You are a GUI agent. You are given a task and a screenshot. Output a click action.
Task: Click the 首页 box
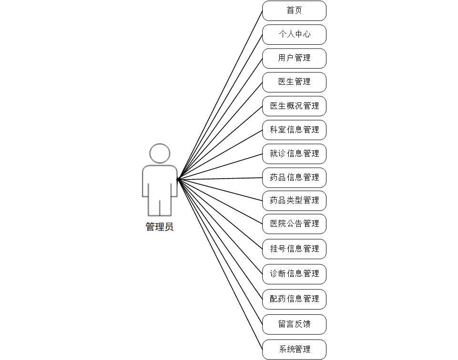(x=294, y=10)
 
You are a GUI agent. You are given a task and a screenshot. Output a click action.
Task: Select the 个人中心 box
(x=294, y=34)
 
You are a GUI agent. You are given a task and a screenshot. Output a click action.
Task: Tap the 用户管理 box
(x=294, y=58)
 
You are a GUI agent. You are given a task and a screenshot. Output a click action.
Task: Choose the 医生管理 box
(x=294, y=82)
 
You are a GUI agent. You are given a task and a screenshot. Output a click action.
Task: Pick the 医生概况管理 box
(x=294, y=106)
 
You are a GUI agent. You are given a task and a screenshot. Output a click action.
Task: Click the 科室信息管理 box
(x=294, y=130)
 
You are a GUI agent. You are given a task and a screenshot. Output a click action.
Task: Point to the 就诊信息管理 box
(x=294, y=153)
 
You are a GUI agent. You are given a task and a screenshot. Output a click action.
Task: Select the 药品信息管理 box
(x=294, y=177)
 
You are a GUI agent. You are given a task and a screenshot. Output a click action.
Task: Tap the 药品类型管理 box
(x=294, y=200)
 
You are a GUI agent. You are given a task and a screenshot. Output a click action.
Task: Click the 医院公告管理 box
(x=294, y=223)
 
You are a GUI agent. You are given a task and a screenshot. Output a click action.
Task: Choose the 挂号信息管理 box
(x=294, y=249)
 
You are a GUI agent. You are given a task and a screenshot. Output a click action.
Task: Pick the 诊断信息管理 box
(x=294, y=274)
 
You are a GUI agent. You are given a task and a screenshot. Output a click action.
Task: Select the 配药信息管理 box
(x=294, y=299)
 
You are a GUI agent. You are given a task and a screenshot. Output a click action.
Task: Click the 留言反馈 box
(x=294, y=324)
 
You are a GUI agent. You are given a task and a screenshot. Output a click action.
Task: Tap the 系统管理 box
(x=294, y=350)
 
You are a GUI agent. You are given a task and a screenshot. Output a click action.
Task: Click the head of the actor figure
(x=160, y=153)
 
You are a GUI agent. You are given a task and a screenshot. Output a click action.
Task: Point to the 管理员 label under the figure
(x=160, y=227)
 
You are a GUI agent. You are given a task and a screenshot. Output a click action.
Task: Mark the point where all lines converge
(x=178, y=180)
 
